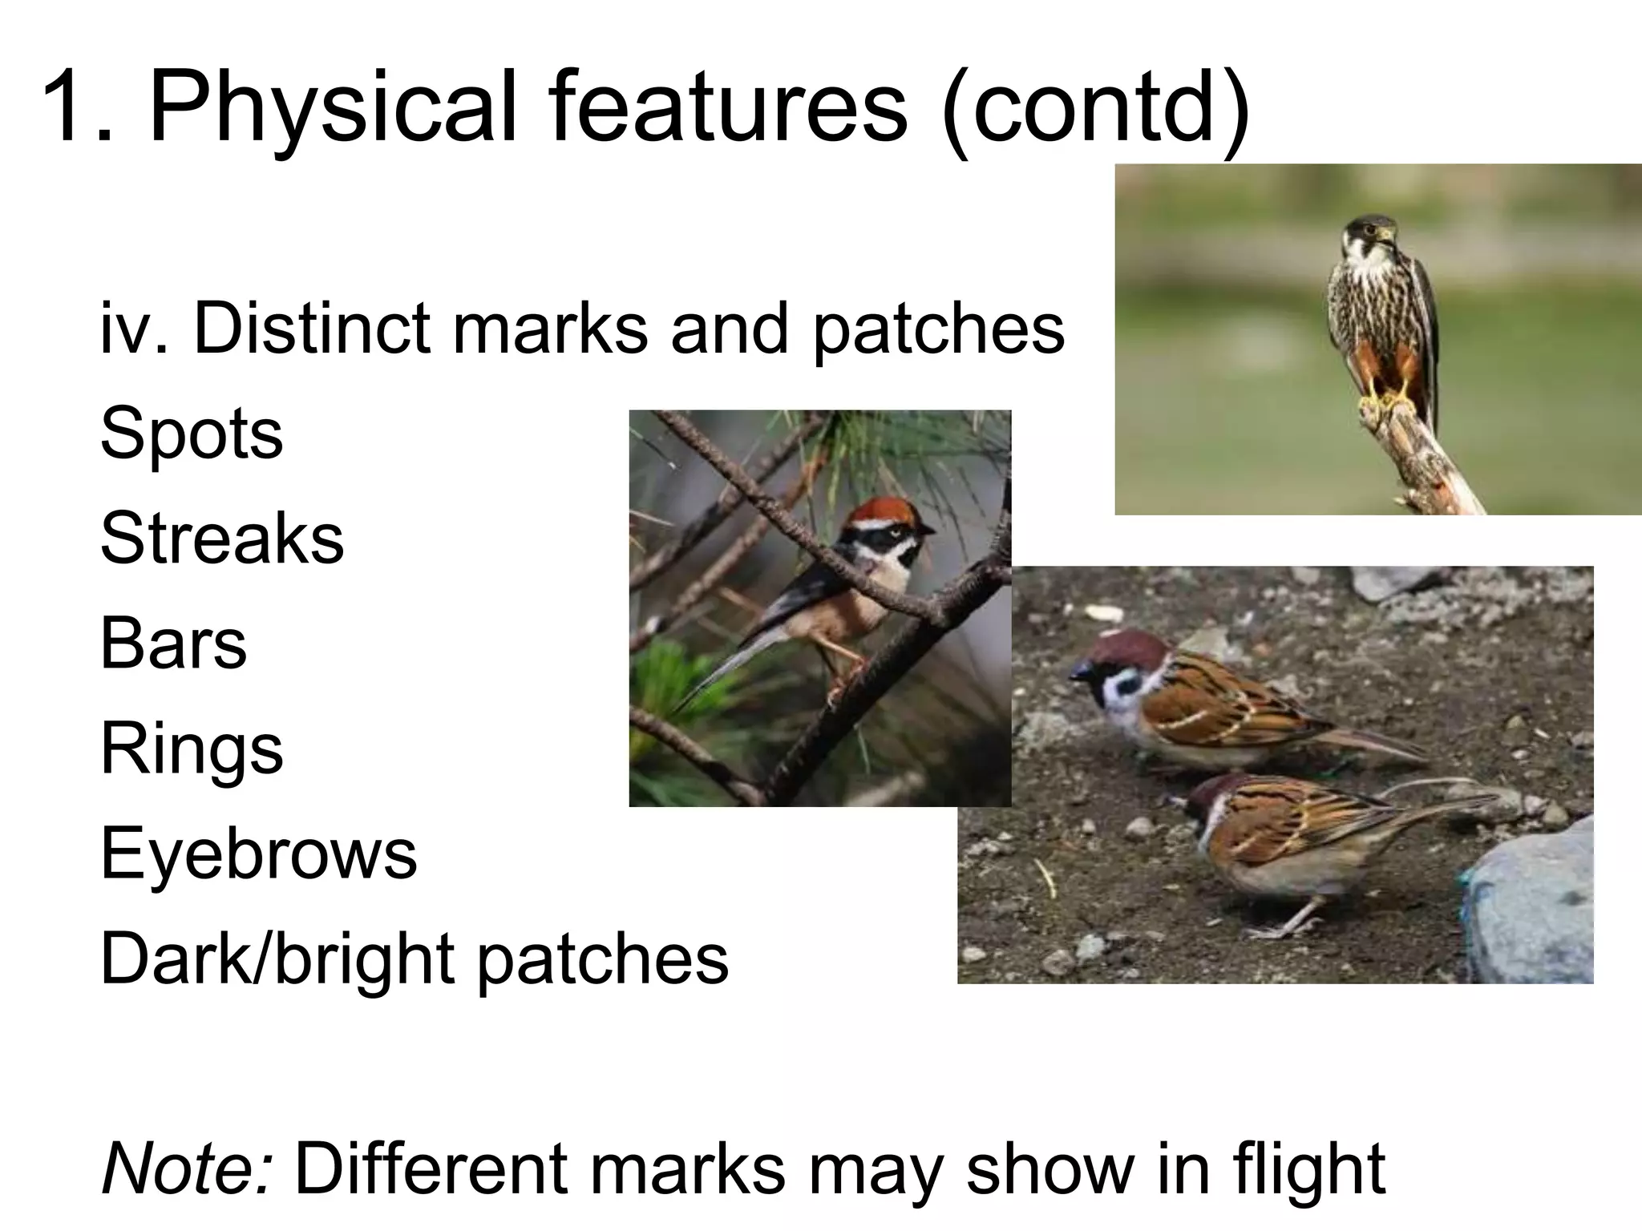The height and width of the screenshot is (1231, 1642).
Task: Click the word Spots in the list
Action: point(192,434)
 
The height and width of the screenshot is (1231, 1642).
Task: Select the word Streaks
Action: point(222,539)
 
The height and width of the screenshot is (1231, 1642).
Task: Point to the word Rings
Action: point(192,749)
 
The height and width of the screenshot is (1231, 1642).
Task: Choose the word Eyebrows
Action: point(258,854)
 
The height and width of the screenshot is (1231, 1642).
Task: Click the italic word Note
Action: point(187,1168)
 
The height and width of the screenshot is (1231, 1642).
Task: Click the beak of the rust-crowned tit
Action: point(928,531)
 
